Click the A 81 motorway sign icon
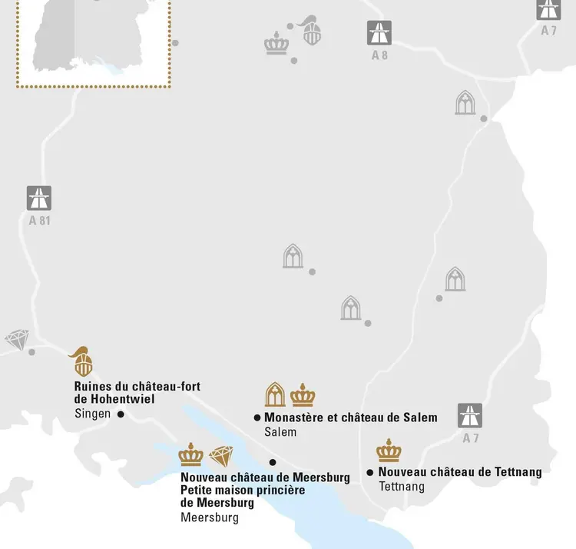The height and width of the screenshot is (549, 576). coord(39,198)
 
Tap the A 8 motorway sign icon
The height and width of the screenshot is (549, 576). coord(379,33)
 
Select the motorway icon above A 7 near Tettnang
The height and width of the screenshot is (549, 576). coord(470,415)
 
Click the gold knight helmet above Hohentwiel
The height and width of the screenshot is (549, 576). coord(81,362)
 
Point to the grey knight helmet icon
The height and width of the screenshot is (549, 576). coord(310,31)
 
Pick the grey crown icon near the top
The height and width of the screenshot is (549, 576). coord(276,43)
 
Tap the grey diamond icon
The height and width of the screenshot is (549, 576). coord(16,340)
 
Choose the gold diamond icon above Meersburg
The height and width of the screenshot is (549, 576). coord(221,456)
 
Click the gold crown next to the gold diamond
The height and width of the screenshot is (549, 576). coord(191,455)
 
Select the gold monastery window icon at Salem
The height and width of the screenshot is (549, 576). coord(275,394)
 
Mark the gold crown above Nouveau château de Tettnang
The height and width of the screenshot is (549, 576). coord(389,451)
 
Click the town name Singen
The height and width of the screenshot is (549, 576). coord(93,414)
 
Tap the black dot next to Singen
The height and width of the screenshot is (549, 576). coord(121,414)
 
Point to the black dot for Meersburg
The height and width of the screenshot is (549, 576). coord(273,462)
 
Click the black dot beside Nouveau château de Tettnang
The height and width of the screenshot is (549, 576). coord(370,472)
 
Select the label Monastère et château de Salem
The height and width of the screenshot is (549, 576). coord(351,418)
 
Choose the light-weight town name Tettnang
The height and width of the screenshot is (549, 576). coord(402,487)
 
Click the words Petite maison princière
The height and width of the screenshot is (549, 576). coord(243,490)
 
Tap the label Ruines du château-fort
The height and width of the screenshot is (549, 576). coord(137,387)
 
